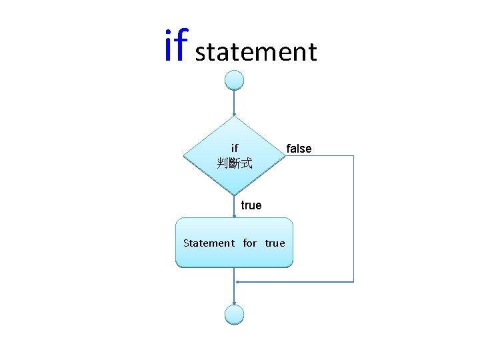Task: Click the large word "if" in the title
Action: click(x=177, y=47)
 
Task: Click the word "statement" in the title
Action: click(x=256, y=52)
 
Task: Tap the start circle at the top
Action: click(x=234, y=80)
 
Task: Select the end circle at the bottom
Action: click(x=234, y=315)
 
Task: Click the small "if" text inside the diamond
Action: click(x=234, y=148)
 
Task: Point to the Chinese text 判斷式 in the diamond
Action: click(x=234, y=163)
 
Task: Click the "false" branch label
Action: click(x=298, y=148)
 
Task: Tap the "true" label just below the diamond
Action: click(x=251, y=205)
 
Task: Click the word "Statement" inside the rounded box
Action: click(x=209, y=243)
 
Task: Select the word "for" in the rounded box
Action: click(x=249, y=243)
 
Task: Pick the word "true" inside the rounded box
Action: click(x=275, y=243)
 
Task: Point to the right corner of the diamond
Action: click(x=285, y=156)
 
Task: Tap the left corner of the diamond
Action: click(x=183, y=156)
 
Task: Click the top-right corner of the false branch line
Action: click(x=353, y=156)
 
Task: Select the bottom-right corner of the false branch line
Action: click(x=353, y=282)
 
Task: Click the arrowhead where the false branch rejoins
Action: click(x=238, y=282)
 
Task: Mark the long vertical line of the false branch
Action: click(x=353, y=220)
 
